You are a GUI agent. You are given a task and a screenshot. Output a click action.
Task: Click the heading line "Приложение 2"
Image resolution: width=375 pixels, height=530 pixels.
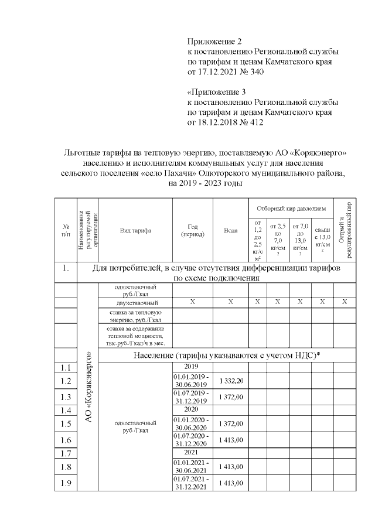(x=214, y=41)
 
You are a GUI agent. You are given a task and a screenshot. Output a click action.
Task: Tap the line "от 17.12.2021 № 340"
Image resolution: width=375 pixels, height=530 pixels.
(x=226, y=73)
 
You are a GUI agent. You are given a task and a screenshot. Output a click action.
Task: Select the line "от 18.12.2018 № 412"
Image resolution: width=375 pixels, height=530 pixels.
(x=226, y=122)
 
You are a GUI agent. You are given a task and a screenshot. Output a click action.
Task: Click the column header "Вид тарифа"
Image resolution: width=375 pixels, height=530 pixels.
(x=135, y=231)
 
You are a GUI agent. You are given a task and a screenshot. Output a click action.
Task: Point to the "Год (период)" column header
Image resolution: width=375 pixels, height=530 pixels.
(x=193, y=231)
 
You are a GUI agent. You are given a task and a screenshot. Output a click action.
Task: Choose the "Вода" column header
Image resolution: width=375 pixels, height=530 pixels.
(x=231, y=231)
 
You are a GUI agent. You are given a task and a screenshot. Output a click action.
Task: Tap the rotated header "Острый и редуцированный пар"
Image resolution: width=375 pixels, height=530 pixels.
(x=345, y=231)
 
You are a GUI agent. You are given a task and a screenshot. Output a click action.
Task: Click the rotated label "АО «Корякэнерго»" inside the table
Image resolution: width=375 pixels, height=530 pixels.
(x=88, y=387)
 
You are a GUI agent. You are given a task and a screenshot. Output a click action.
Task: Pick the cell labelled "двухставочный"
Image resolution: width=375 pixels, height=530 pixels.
(x=135, y=302)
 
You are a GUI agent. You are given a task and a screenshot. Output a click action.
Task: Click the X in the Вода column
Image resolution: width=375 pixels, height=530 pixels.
(x=231, y=302)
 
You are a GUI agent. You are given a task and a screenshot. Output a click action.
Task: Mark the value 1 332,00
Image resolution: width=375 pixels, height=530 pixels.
(x=231, y=381)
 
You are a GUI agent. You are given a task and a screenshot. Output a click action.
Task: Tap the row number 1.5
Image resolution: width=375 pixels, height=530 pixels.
(x=66, y=424)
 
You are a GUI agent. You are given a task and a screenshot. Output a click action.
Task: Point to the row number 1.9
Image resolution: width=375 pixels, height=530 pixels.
(x=66, y=484)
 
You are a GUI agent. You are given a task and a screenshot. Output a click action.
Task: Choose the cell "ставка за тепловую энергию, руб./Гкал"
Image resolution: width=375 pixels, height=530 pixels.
(x=135, y=316)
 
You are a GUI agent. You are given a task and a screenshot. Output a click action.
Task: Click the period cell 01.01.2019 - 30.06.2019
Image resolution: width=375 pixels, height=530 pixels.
(x=193, y=381)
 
